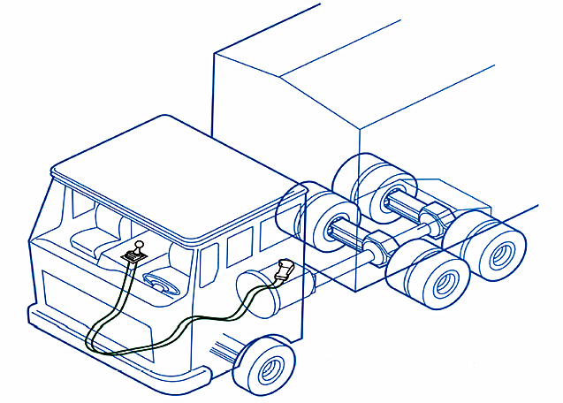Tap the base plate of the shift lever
coord(132,256)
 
